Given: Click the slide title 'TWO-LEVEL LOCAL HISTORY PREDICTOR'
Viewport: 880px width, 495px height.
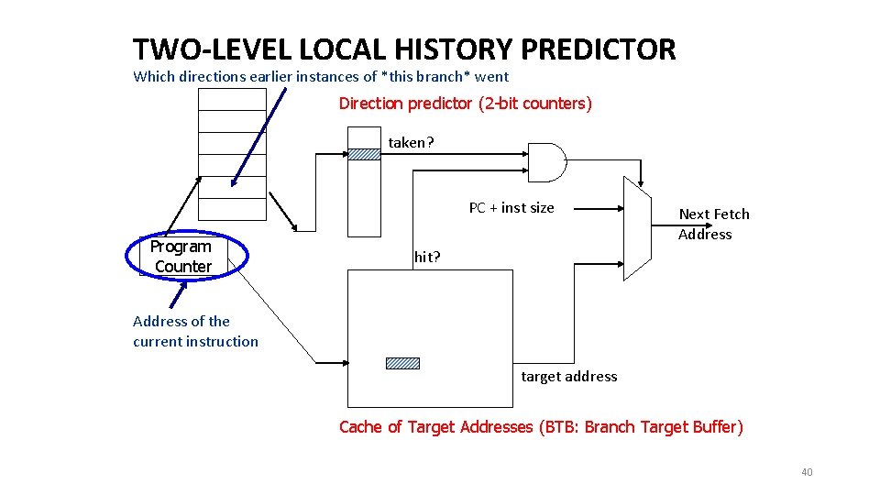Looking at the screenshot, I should coord(403,49).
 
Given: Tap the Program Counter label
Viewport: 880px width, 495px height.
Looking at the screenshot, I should coord(181,257).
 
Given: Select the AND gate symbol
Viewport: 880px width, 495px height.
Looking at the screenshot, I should coord(546,164).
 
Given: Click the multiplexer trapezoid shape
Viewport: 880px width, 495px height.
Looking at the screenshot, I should coord(636,227).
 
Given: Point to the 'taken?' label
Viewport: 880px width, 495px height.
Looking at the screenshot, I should coord(412,142).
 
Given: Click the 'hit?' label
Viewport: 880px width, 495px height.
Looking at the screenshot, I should coord(427,257).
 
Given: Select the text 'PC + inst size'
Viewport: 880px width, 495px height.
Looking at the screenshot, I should coord(511,208).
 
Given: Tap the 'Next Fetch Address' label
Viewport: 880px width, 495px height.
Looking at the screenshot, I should coord(713,224).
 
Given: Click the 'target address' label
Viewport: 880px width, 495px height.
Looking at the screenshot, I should coord(568,376).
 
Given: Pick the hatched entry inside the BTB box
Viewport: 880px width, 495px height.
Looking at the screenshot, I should coord(402,363).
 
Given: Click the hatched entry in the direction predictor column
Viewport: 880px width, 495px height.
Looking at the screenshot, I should coord(363,154).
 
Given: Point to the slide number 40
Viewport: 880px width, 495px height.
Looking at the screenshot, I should coord(807,472).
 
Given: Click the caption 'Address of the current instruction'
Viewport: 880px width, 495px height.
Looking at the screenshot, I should coord(195,331).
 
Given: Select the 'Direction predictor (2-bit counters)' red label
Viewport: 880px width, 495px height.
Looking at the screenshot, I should coord(466,104).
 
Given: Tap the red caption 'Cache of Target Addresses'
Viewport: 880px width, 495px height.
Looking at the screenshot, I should coord(435,427).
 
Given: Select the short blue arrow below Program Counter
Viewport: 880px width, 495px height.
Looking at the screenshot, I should coord(176,294).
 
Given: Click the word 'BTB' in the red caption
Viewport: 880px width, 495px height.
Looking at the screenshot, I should coord(559,427).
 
